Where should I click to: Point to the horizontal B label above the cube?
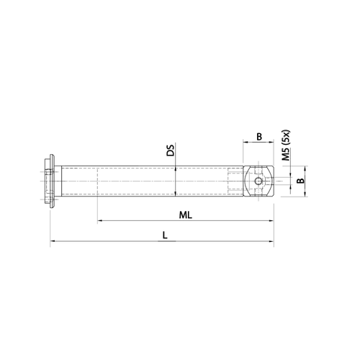260,135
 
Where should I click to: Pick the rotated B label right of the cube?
302,181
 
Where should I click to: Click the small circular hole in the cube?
259,181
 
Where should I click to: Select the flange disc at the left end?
50,180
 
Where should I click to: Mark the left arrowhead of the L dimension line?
52,243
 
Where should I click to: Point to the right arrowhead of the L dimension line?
274,243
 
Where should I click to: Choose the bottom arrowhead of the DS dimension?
177,195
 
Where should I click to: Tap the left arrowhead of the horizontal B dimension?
246,142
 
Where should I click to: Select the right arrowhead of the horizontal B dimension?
274,142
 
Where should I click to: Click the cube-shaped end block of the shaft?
260,181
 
